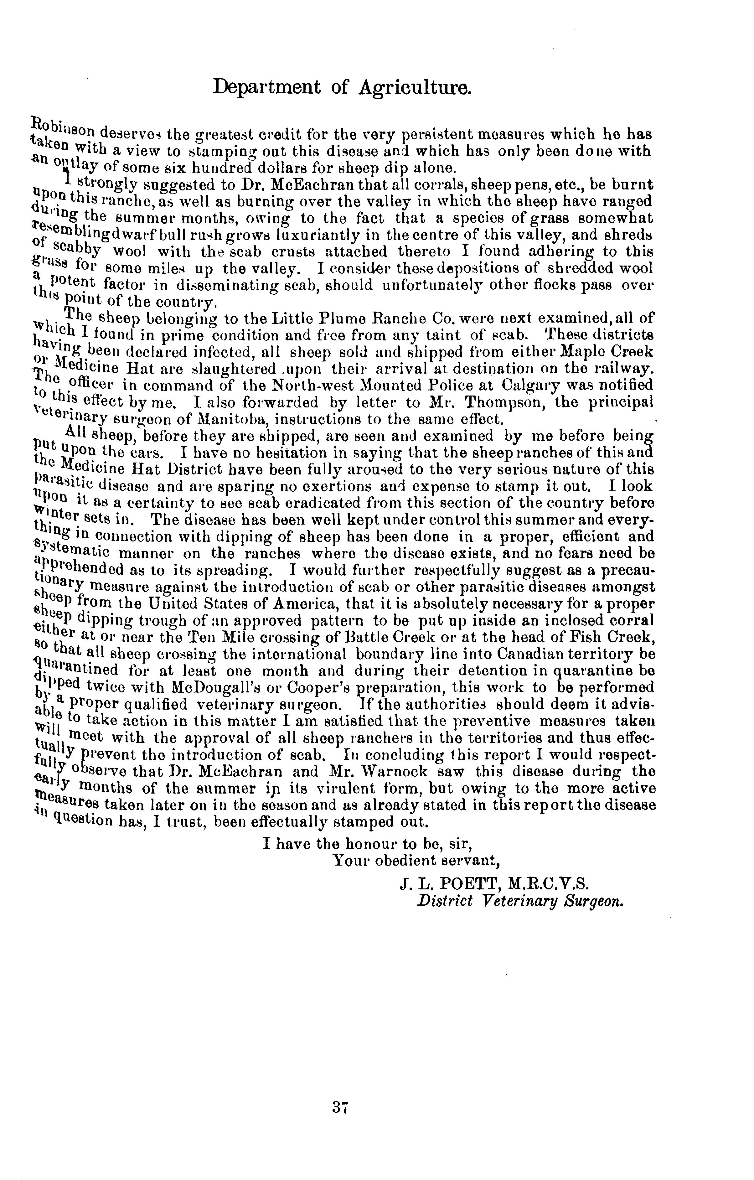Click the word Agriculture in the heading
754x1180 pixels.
[416, 87]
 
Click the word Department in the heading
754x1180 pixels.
[267, 87]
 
